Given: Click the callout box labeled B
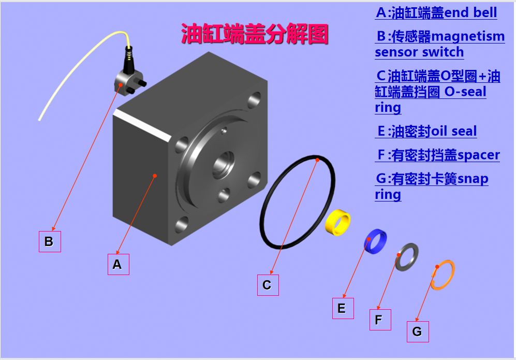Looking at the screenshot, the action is click(x=50, y=241).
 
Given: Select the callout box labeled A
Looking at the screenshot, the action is click(x=119, y=264).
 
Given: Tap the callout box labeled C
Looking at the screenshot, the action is click(x=268, y=285).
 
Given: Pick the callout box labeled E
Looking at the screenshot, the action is click(x=343, y=308).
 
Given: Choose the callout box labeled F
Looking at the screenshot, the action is click(x=380, y=320).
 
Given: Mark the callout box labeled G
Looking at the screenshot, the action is click(x=418, y=332).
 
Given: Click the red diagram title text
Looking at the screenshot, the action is click(x=255, y=34).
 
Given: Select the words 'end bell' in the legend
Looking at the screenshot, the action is click(x=470, y=12).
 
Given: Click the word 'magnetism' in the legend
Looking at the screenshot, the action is click(x=468, y=36).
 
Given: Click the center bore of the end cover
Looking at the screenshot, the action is click(x=223, y=164).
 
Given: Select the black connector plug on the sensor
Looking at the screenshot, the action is click(x=129, y=59).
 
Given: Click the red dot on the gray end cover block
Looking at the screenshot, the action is click(x=155, y=176).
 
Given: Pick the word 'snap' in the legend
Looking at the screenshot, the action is click(x=473, y=179).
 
